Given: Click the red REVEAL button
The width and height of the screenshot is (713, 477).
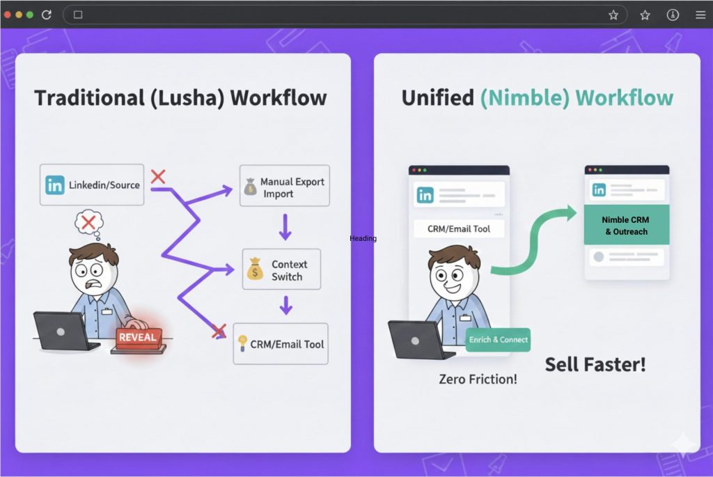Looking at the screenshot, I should tap(139, 338).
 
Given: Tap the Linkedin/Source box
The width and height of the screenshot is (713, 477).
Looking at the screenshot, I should tap(92, 185).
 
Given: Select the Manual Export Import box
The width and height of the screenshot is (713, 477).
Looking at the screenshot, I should tap(284, 187).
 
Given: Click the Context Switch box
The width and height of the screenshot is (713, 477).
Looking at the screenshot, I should tap(281, 269).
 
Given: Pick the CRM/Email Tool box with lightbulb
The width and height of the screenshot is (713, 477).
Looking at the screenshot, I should tap(280, 343).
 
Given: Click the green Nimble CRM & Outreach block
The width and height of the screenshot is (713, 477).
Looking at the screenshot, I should tap(626, 225).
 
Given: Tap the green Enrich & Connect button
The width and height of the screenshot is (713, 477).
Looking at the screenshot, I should tap(498, 340).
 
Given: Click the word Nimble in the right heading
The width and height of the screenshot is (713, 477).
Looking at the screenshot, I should tap(524, 97).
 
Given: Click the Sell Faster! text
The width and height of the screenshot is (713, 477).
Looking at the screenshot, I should tap(595, 363).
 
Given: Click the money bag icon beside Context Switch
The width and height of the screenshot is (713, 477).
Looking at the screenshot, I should tap(255, 269).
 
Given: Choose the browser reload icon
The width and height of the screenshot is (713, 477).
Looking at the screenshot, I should tap(47, 15).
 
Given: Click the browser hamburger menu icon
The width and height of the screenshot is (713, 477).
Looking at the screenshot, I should tap(700, 15).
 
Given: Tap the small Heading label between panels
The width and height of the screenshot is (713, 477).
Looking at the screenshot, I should tap(363, 238).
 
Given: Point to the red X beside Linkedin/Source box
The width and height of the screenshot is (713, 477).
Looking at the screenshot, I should tap(158, 177).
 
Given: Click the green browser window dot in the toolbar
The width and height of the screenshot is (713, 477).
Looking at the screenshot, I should tap(30, 15).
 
